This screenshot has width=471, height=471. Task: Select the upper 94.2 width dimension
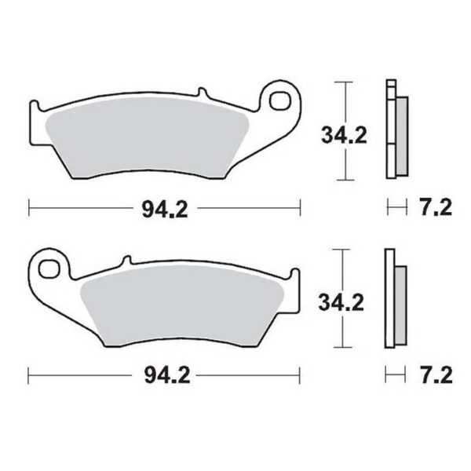coord(164,208)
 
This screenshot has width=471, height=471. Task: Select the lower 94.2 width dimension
coord(164,376)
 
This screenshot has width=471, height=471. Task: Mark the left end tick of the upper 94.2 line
coord(28,208)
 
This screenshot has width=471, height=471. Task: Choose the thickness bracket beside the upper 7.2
coord(397,208)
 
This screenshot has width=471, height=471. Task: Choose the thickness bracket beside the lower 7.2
coord(397,376)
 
